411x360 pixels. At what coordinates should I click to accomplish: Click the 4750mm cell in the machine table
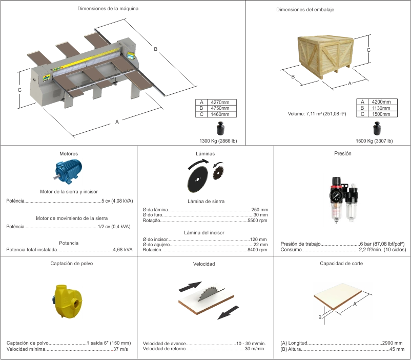[x=222, y=108]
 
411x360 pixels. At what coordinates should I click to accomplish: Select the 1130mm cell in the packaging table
[x=383, y=108]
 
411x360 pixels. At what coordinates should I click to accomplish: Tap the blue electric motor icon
[x=68, y=171]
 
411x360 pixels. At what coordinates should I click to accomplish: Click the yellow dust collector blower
[x=68, y=301]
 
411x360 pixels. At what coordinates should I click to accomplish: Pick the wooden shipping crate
[x=326, y=56]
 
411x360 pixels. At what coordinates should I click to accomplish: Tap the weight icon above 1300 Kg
[x=221, y=128]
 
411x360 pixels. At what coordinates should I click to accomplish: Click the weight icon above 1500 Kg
[x=377, y=128]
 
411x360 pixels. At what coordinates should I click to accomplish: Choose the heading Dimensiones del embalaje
[x=305, y=10]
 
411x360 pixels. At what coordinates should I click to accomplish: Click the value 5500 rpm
[x=257, y=221]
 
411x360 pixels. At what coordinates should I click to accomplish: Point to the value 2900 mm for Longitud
[x=392, y=343]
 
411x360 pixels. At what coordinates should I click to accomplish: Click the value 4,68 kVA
[x=122, y=250]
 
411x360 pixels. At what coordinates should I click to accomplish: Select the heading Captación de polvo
[x=72, y=264]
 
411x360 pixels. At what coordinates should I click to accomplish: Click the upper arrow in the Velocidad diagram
[x=190, y=286]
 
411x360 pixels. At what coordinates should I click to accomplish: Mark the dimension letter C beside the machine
[x=19, y=90]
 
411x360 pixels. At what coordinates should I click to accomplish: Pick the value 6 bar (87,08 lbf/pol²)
[x=382, y=244]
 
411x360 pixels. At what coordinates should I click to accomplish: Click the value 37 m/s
[x=120, y=349]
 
